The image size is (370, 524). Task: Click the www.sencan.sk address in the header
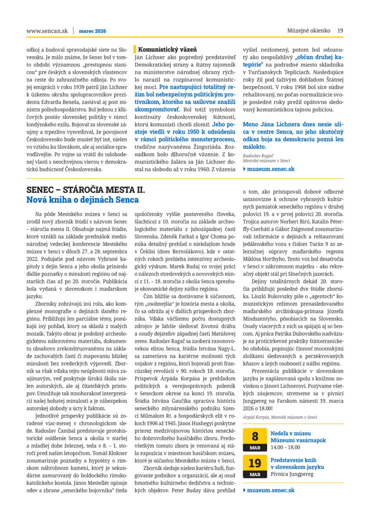[x=47, y=31]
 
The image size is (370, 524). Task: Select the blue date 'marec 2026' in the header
[x=92, y=31]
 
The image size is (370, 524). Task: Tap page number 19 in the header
[x=340, y=31]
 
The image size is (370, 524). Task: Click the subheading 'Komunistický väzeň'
[x=168, y=49]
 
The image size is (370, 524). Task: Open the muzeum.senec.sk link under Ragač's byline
[x=271, y=169]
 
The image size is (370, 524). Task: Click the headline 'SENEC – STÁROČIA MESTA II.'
[x=86, y=190]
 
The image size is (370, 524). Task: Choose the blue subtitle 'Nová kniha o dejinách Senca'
[x=82, y=200]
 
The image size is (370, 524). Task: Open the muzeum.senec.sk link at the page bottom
[x=271, y=490]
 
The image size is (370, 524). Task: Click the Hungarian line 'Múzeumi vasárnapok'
[x=298, y=441]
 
